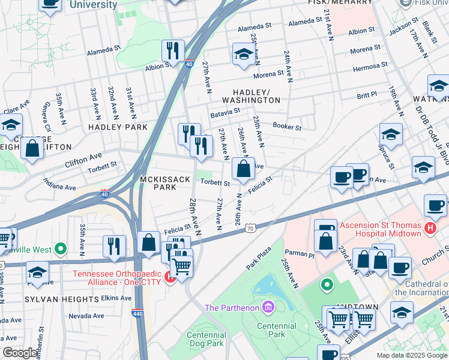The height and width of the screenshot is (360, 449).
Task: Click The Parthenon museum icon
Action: [x=268, y=308]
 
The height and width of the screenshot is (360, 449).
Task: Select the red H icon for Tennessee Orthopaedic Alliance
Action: [x=170, y=278]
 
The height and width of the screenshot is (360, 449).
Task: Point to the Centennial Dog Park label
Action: [x=205, y=339]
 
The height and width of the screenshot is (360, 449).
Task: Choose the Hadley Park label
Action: [x=118, y=127]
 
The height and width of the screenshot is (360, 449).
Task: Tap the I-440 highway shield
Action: [x=137, y=313]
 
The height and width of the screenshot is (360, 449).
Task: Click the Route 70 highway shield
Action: [x=251, y=228]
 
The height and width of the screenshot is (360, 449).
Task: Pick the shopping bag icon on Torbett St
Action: [x=243, y=170]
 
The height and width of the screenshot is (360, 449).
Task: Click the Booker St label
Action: [x=286, y=126]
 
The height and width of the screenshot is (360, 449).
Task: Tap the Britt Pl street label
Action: [x=366, y=95]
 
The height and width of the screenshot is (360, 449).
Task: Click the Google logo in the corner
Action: [x=20, y=353]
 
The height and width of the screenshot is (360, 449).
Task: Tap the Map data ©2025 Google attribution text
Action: [x=411, y=355]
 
